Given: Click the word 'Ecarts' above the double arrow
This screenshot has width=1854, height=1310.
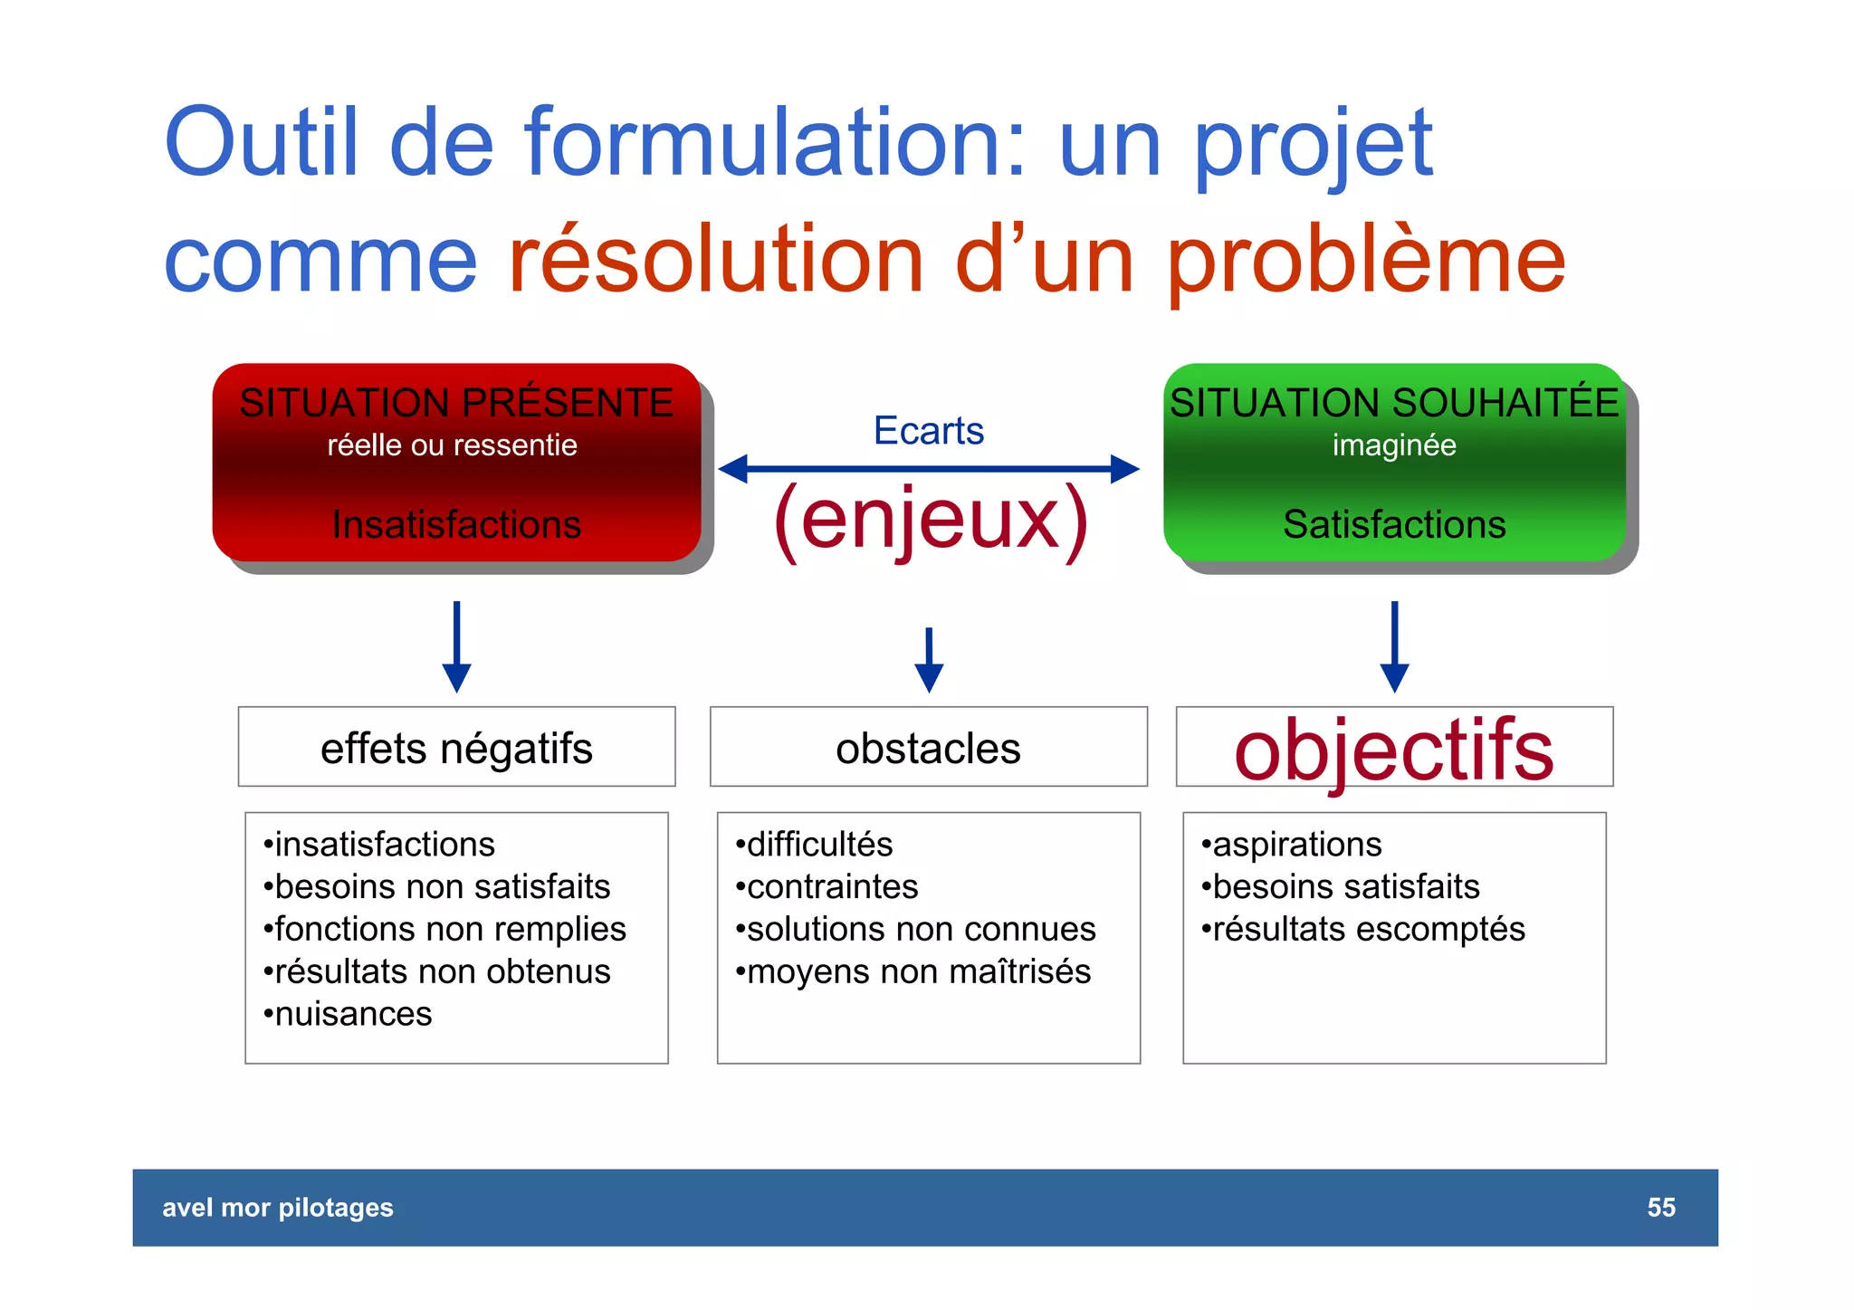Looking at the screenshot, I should [x=928, y=430].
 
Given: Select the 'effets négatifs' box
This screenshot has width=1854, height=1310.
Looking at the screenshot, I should [x=456, y=748].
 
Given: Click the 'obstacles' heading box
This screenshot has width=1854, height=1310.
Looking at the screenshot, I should [x=928, y=748].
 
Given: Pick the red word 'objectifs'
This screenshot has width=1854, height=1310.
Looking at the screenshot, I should [x=1393, y=750].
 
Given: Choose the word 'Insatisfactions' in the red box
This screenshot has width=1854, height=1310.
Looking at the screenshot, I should [x=456, y=524].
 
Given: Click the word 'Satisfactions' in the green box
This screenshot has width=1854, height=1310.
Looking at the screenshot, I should [x=1394, y=524].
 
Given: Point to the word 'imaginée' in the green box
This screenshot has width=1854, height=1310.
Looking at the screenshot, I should [x=1394, y=445].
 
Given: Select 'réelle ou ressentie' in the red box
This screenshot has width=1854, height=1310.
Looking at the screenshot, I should [x=452, y=445].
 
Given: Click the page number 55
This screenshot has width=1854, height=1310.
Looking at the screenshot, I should [x=1660, y=1207].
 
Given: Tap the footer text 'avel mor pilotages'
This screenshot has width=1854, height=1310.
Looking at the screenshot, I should [x=278, y=1207].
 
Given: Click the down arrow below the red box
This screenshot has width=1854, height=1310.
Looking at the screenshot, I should [x=456, y=647].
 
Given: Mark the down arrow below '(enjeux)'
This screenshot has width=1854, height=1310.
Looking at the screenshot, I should [x=929, y=661].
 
